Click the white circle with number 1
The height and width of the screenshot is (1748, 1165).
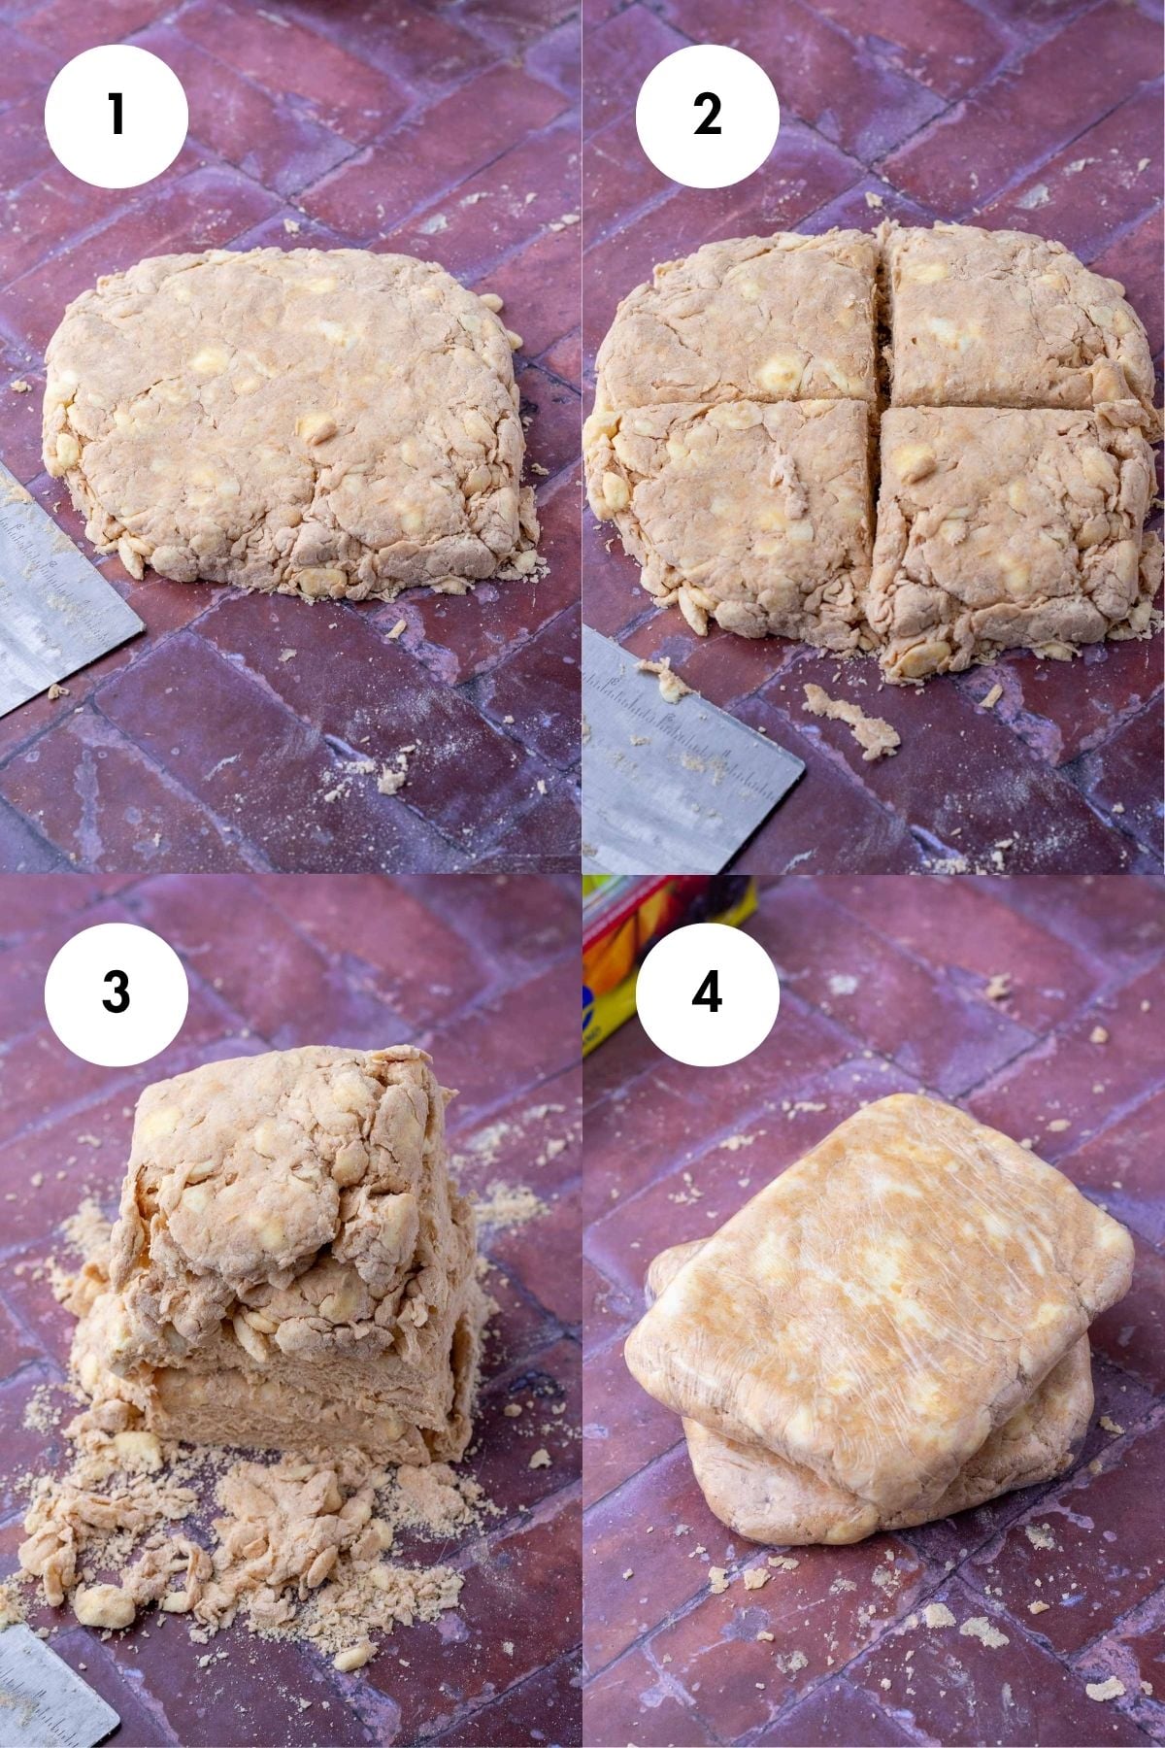click(x=116, y=116)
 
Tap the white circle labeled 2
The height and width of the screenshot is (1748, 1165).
click(x=708, y=116)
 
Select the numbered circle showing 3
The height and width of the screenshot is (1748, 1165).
click(x=116, y=992)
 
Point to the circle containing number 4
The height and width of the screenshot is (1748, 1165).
click(x=708, y=992)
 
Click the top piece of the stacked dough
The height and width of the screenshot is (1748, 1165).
click(x=282, y=1165)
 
